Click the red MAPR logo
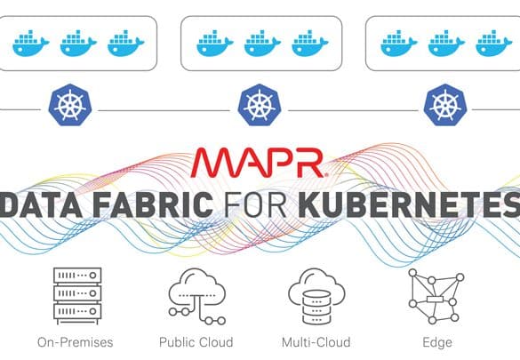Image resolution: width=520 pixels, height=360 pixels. pyautogui.click(x=260, y=163)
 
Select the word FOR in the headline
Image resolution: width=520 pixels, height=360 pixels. pyautogui.click(x=255, y=204)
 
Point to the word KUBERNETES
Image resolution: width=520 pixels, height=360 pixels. pyautogui.click(x=409, y=204)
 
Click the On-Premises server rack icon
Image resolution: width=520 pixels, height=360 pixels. pyautogui.click(x=77, y=296)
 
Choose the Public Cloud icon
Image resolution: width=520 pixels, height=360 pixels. pyautogui.click(x=197, y=296)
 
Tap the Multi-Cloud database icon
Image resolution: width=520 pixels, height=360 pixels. pyautogui.click(x=316, y=296)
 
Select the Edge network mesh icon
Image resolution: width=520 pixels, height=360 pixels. pyautogui.click(x=436, y=296)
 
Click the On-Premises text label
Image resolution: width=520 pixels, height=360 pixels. pyautogui.click(x=76, y=342)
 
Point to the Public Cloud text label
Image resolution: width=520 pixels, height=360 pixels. pyautogui.click(x=196, y=342)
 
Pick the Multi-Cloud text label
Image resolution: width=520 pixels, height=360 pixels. pyautogui.click(x=316, y=342)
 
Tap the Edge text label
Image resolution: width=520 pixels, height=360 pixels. pyautogui.click(x=437, y=343)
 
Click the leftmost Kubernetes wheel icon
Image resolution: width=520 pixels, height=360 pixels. pyautogui.click(x=69, y=105)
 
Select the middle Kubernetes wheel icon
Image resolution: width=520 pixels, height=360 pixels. pyautogui.click(x=260, y=105)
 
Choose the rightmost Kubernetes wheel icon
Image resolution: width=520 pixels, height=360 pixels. pyautogui.click(x=445, y=105)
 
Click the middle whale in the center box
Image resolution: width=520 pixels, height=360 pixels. pyautogui.click(x=262, y=43)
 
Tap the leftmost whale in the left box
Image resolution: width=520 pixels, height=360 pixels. pyautogui.click(x=31, y=43)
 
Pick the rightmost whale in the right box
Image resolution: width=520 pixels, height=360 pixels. pyautogui.click(x=493, y=43)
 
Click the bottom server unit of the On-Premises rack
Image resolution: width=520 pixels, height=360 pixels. pyautogui.click(x=77, y=311)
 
